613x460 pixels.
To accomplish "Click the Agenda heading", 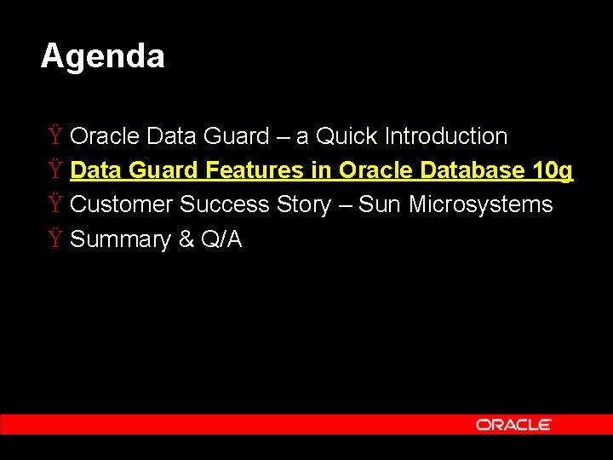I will pyautogui.click(x=102, y=57).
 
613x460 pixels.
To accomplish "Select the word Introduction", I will pyautogui.click(x=446, y=136).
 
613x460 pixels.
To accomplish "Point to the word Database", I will pyautogui.click(x=474, y=170).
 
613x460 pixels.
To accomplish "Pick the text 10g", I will pyautogui.click(x=553, y=171).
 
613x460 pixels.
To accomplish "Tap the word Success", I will pyautogui.click(x=225, y=204).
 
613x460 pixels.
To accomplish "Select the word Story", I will pyautogui.click(x=303, y=205).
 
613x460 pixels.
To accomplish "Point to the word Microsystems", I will pyautogui.click(x=481, y=205).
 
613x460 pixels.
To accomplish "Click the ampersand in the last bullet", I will pyautogui.click(x=186, y=239).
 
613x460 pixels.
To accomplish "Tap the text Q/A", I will pyautogui.click(x=221, y=239).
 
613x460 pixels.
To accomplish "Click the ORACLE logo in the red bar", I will pyautogui.click(x=513, y=424).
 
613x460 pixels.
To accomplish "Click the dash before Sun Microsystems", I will pyautogui.click(x=345, y=205).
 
